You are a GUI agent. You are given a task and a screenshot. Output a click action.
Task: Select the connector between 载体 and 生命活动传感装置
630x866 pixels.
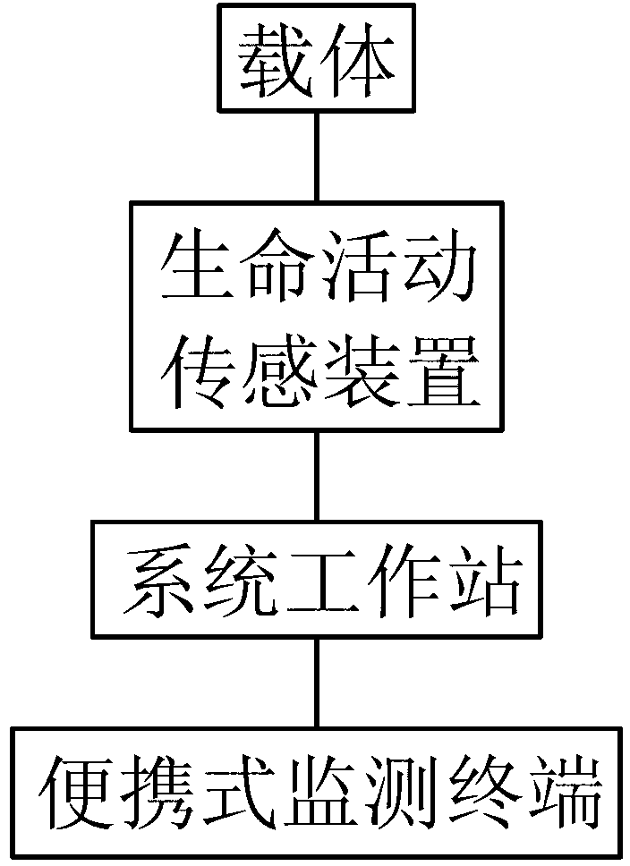click(315, 157)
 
